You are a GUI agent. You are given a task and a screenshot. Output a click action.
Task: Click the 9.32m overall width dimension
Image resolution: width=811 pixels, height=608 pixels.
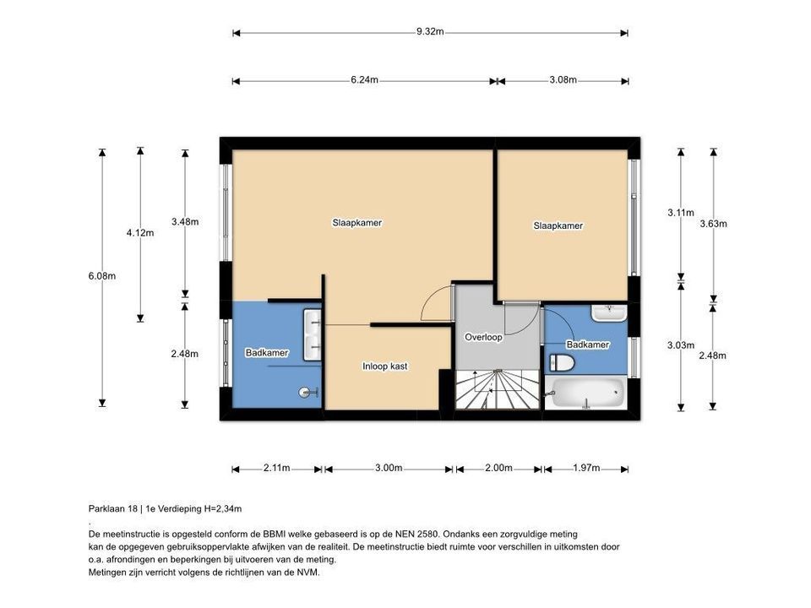(x=430, y=32)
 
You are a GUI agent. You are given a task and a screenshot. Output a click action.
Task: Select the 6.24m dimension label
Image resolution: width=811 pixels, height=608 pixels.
(x=364, y=80)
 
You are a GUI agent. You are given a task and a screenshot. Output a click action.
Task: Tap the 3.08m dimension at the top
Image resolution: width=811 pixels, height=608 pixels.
(x=563, y=80)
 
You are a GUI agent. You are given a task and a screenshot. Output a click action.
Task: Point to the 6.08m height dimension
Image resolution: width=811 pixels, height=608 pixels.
(x=102, y=276)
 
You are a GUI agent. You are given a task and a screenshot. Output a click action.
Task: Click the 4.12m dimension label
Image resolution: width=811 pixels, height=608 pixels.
(x=140, y=233)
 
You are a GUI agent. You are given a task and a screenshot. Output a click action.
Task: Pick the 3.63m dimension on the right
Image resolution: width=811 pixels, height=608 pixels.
(x=714, y=224)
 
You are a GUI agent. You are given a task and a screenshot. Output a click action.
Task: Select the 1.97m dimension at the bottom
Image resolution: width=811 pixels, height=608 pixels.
(x=585, y=468)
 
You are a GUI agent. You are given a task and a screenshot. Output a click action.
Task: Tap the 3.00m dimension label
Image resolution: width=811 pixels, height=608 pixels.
(x=389, y=468)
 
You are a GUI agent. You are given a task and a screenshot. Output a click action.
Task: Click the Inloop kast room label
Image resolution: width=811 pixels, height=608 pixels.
(x=385, y=366)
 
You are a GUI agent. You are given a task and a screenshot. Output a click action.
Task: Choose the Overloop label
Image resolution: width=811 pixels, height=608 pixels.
(x=483, y=337)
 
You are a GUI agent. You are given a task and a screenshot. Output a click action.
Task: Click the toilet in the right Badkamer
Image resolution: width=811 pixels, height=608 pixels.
(x=562, y=363)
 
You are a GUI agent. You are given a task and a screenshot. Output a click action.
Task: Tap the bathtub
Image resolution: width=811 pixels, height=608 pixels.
(x=585, y=392)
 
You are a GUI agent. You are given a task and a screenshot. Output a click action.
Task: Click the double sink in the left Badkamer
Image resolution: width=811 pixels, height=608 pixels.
(x=312, y=330)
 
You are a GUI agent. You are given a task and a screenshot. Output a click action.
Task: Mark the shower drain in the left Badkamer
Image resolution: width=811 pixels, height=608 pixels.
(x=305, y=392)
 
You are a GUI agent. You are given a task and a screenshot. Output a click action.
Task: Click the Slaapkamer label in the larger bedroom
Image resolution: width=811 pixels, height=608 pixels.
(x=357, y=223)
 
